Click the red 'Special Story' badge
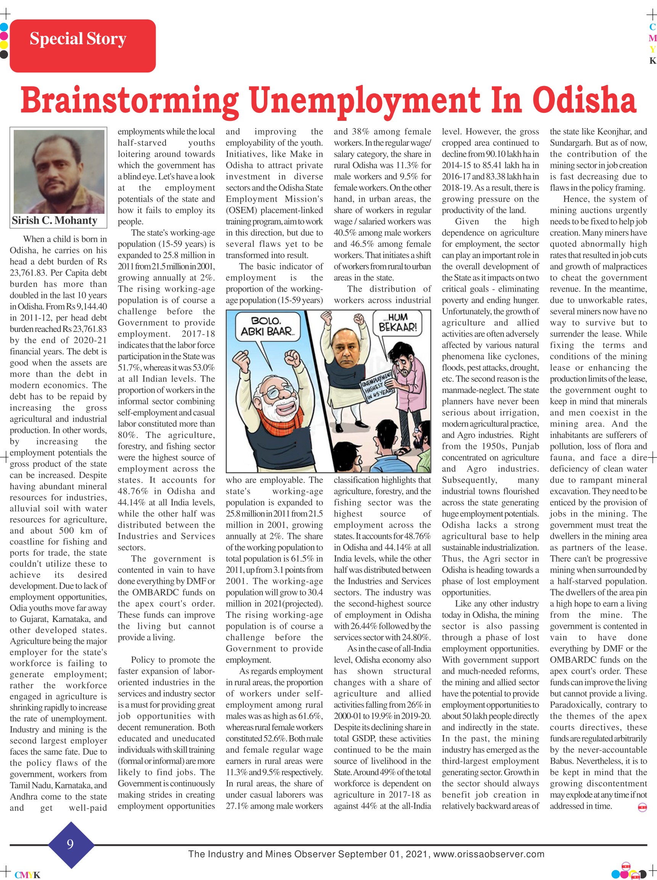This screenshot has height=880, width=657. coord(82,46)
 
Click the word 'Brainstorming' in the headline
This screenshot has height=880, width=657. coord(130,101)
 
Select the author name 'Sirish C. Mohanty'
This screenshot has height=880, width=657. coord(55,221)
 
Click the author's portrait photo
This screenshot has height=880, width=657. coord(59,172)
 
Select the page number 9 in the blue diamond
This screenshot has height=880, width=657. coord(71,844)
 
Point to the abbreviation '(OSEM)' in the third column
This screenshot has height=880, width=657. coord(240,210)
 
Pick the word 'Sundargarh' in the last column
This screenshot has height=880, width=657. coord(573,143)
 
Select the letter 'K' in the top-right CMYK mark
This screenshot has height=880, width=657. coord(652,61)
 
